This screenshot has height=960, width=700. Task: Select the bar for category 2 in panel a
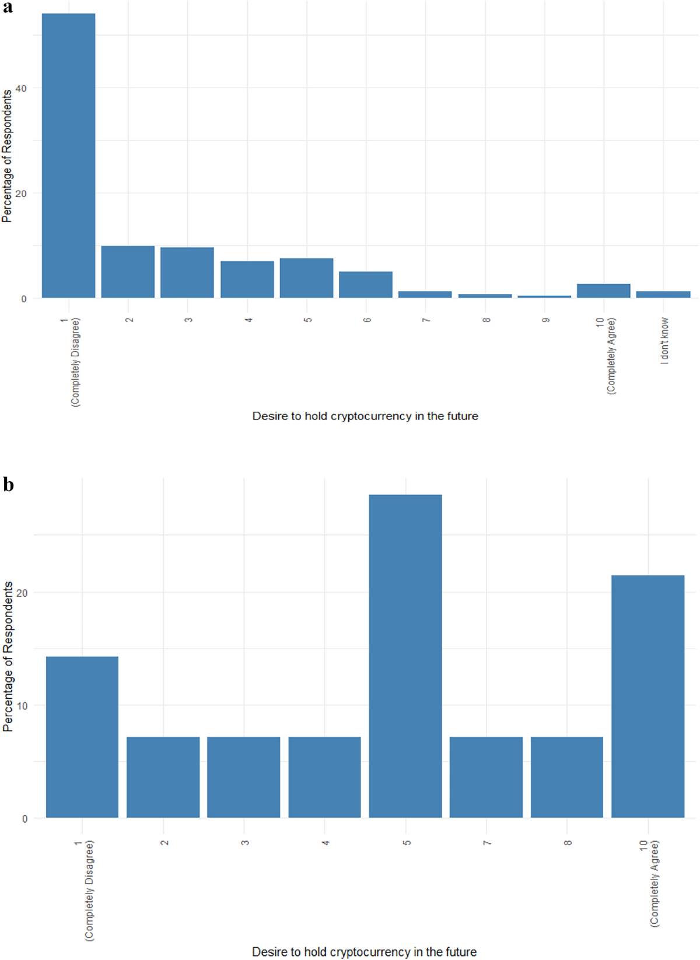click(x=128, y=272)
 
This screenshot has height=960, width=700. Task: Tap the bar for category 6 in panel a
click(x=366, y=285)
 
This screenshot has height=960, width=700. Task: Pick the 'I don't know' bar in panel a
click(x=663, y=295)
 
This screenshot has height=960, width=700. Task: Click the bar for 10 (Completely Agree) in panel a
click(x=603, y=291)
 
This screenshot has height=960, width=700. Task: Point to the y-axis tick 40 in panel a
click(x=21, y=88)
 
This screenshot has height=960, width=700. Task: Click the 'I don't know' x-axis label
click(x=664, y=341)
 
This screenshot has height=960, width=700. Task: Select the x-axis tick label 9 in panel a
click(x=545, y=320)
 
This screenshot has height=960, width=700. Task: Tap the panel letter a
click(x=8, y=8)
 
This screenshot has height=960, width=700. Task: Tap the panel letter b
click(x=8, y=485)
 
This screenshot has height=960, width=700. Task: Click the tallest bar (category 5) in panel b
click(x=405, y=656)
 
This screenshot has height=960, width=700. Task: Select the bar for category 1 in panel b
click(x=82, y=737)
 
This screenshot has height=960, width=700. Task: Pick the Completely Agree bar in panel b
click(x=647, y=696)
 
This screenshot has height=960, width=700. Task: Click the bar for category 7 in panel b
click(x=486, y=777)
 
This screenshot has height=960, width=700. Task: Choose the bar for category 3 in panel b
click(x=244, y=777)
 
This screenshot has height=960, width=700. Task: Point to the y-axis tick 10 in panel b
click(x=21, y=705)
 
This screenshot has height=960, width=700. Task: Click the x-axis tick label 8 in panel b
click(x=567, y=843)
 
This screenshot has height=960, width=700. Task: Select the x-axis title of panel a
click(x=365, y=416)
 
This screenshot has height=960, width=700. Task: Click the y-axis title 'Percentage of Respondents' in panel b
click(x=8, y=656)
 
